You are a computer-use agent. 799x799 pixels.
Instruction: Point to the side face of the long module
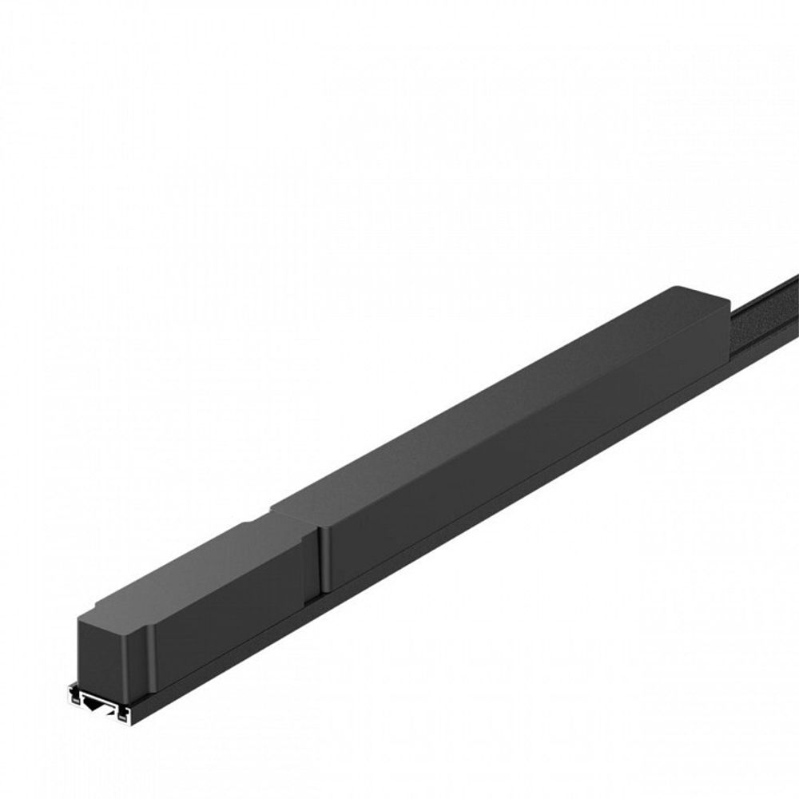click(x=519, y=463)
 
